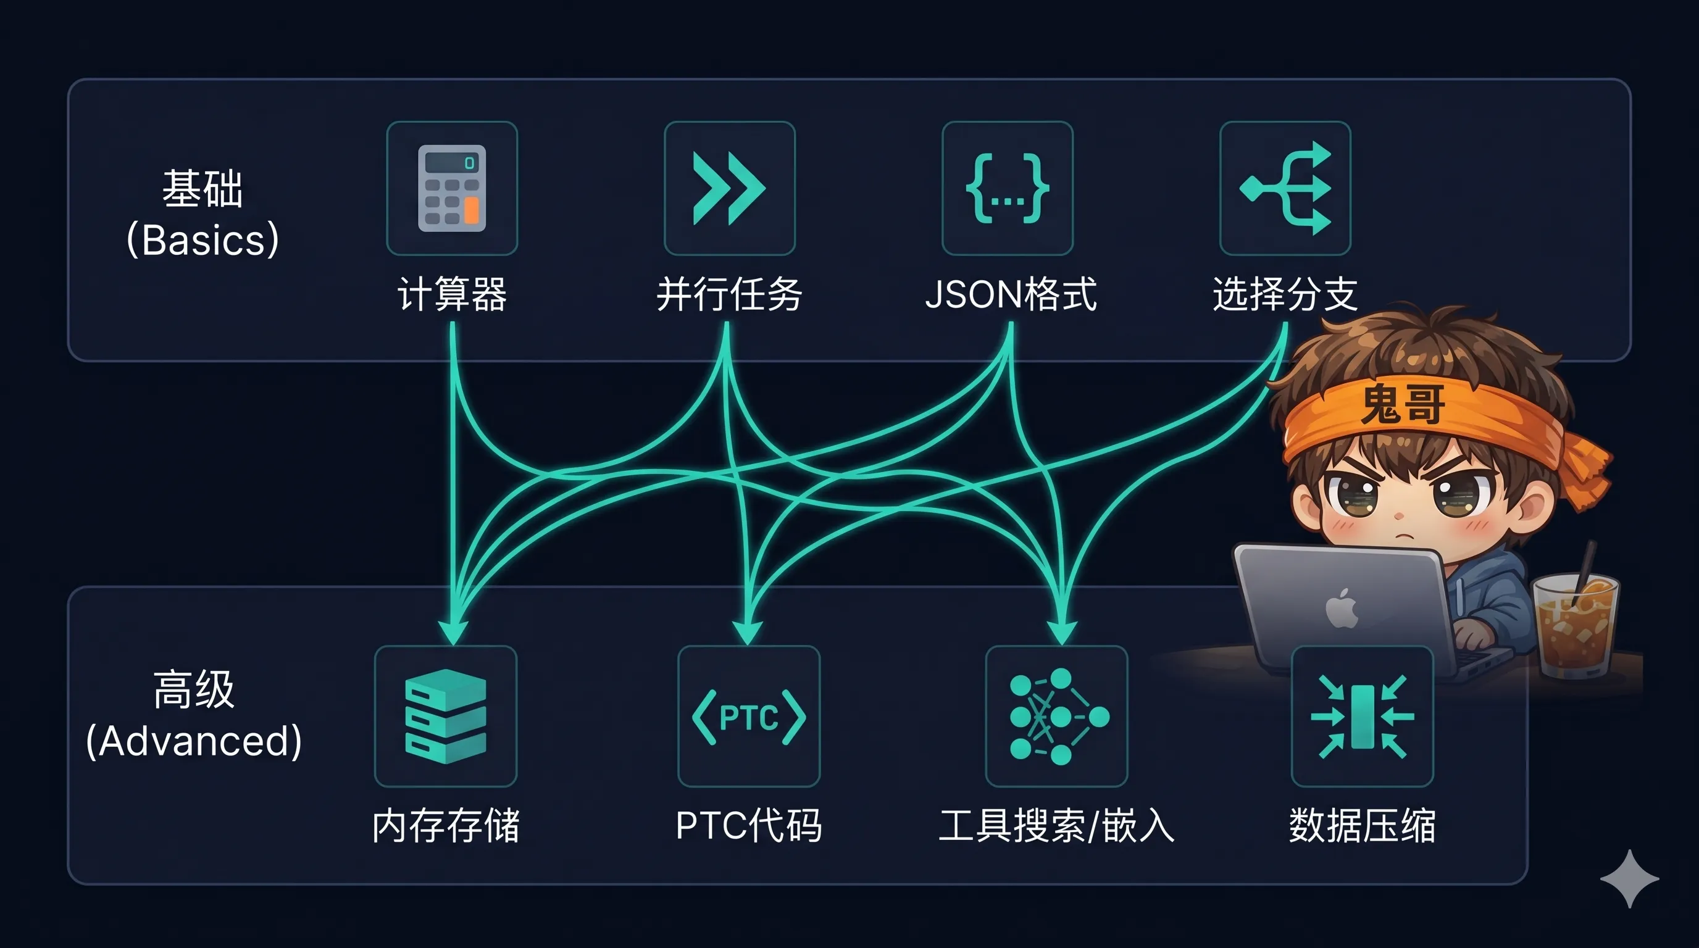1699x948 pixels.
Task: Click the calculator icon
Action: click(452, 188)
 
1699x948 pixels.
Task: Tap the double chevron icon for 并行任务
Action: click(728, 188)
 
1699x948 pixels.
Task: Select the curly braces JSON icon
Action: click(1007, 188)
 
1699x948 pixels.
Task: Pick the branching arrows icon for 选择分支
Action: click(1285, 188)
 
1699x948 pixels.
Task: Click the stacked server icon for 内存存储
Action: click(445, 716)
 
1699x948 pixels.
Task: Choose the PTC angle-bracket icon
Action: click(749, 717)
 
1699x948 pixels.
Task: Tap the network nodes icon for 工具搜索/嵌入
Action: click(1056, 717)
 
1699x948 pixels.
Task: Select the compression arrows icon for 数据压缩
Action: click(1362, 717)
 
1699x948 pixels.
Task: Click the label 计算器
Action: click(452, 294)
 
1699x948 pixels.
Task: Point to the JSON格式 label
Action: click(1011, 294)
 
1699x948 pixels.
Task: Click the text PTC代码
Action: click(749, 825)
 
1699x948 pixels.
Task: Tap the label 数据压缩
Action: click(1362, 825)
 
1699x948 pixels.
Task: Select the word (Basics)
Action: click(202, 239)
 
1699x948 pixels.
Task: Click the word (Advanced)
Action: click(194, 741)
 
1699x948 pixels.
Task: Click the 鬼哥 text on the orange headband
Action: click(1403, 404)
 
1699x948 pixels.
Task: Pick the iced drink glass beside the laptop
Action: click(1575, 626)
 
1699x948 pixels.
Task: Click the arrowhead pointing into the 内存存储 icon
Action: click(453, 631)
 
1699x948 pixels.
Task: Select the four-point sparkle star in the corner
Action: click(1629, 878)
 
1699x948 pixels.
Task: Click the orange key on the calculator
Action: click(471, 210)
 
